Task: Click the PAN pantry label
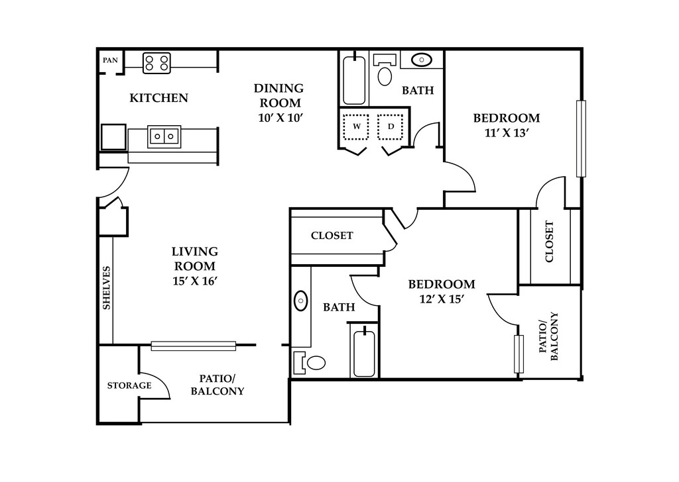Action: (110, 60)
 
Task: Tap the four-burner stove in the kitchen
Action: (156, 63)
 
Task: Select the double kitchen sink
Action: (164, 136)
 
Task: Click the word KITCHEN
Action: (159, 98)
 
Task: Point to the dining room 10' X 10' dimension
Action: (279, 118)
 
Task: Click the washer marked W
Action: (356, 126)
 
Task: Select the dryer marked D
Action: (391, 126)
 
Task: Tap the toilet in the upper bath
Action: (385, 70)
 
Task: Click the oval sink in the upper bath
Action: (421, 60)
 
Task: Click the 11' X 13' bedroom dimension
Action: (507, 132)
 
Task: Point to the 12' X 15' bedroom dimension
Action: (442, 299)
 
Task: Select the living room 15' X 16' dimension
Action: (194, 281)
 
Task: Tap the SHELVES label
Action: (107, 288)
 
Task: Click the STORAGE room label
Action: (129, 385)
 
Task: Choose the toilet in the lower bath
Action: (310, 362)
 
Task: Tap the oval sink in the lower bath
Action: (301, 301)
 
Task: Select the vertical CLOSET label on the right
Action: (549, 242)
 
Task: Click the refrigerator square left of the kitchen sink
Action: (113, 137)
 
